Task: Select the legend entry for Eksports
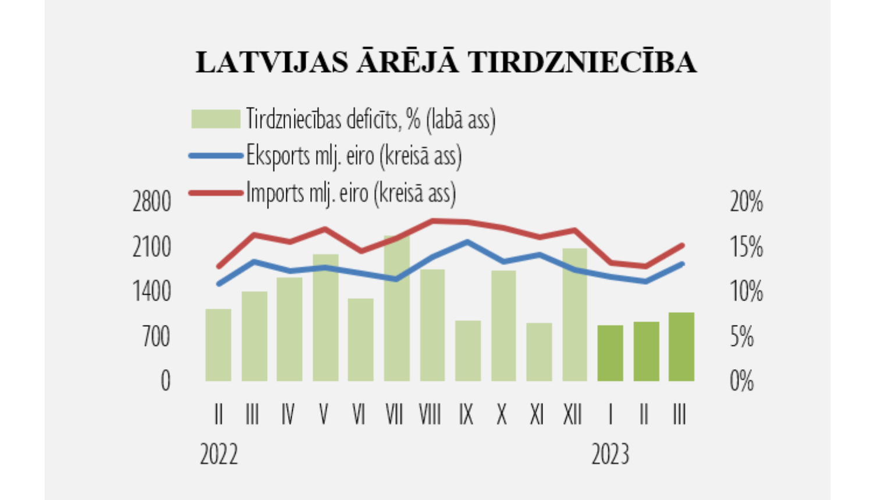point(353,156)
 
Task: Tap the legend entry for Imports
point(350,192)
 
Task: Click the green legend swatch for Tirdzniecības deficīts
point(215,119)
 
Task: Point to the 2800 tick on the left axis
point(151,202)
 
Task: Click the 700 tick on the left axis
point(156,337)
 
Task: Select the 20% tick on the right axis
point(746,202)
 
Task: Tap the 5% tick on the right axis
point(742,337)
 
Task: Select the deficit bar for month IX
point(468,351)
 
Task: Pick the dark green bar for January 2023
point(611,353)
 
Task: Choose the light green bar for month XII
point(574,315)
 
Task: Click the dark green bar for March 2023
point(682,347)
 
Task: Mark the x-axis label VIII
point(430,415)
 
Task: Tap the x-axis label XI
point(537,415)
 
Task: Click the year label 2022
point(219,454)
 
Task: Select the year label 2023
point(611,454)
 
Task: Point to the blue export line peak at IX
point(468,241)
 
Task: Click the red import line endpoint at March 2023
point(682,245)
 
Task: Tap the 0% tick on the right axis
point(742,381)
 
